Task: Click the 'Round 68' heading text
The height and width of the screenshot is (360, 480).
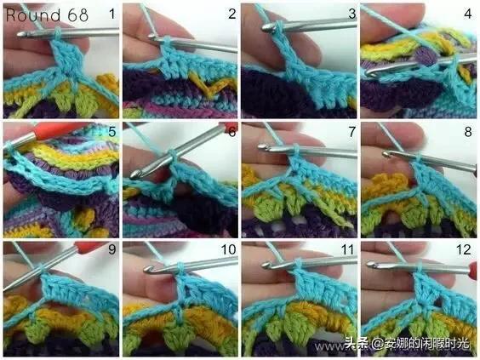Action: [47, 15]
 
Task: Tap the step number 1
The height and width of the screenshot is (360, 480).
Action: [112, 14]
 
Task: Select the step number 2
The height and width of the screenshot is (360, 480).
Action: [232, 14]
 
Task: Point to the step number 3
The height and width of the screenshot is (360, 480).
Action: [352, 14]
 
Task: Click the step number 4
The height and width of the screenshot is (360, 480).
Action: [468, 14]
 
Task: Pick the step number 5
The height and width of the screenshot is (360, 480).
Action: [112, 132]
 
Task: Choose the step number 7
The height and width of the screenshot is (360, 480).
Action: [352, 132]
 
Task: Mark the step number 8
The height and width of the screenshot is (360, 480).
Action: [468, 132]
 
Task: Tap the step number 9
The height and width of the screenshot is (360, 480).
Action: [112, 249]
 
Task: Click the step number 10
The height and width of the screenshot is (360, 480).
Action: [229, 249]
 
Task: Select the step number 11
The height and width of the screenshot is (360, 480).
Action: [347, 249]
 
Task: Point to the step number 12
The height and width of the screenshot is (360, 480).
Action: [464, 249]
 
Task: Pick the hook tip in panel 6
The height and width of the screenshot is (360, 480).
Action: [134, 174]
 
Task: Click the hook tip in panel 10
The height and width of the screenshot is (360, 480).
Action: [148, 269]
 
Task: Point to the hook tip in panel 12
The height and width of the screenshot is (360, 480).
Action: [371, 264]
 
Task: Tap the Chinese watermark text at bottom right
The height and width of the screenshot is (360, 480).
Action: [407, 344]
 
